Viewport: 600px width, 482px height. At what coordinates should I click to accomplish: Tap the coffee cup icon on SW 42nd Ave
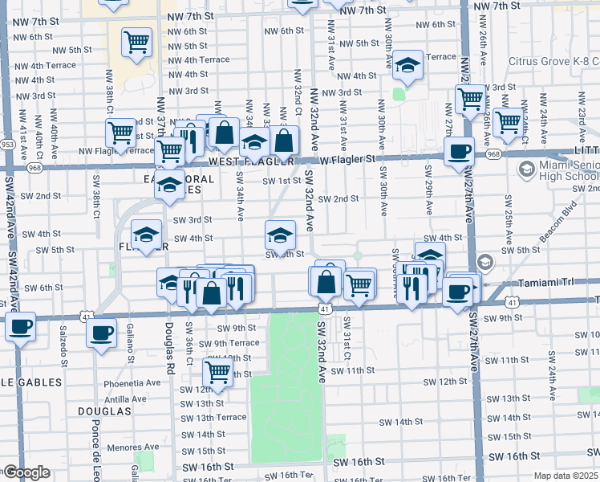click(x=21, y=327)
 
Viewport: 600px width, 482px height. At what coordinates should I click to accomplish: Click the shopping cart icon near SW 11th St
click(x=217, y=372)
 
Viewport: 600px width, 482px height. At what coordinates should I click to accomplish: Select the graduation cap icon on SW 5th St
click(x=280, y=235)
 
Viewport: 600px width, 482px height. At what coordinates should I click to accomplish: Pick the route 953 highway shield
click(x=8, y=145)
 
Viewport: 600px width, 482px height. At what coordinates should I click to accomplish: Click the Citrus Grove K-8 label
click(x=553, y=60)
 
